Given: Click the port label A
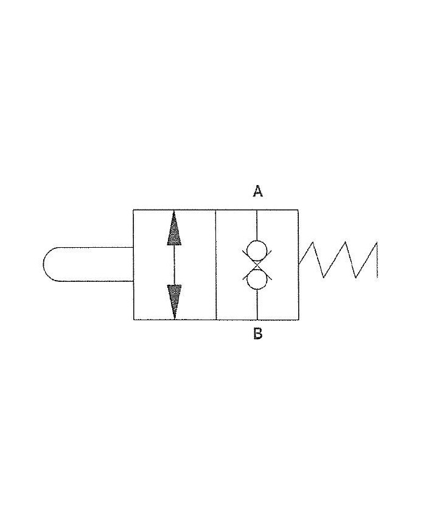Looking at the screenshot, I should (257, 192).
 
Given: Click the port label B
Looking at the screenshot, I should (257, 334).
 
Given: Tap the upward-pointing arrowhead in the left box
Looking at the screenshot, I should (175, 228).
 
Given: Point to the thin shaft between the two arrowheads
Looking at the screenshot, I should (175, 265).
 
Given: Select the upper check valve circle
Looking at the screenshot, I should (257, 250).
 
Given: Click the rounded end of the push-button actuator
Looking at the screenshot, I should (51, 264).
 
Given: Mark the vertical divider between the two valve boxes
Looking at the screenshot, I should (216, 264).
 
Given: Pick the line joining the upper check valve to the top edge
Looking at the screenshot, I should (257, 225).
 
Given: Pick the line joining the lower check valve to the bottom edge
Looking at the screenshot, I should (257, 304).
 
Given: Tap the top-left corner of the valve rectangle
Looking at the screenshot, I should (134, 210).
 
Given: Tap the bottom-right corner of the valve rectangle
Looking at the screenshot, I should (298, 319).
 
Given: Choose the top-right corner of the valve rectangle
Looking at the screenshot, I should (298, 210).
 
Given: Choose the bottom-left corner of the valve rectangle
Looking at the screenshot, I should (134, 319).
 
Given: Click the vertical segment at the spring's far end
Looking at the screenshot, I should (377, 261).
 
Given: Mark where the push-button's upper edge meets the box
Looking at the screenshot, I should (134, 248).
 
